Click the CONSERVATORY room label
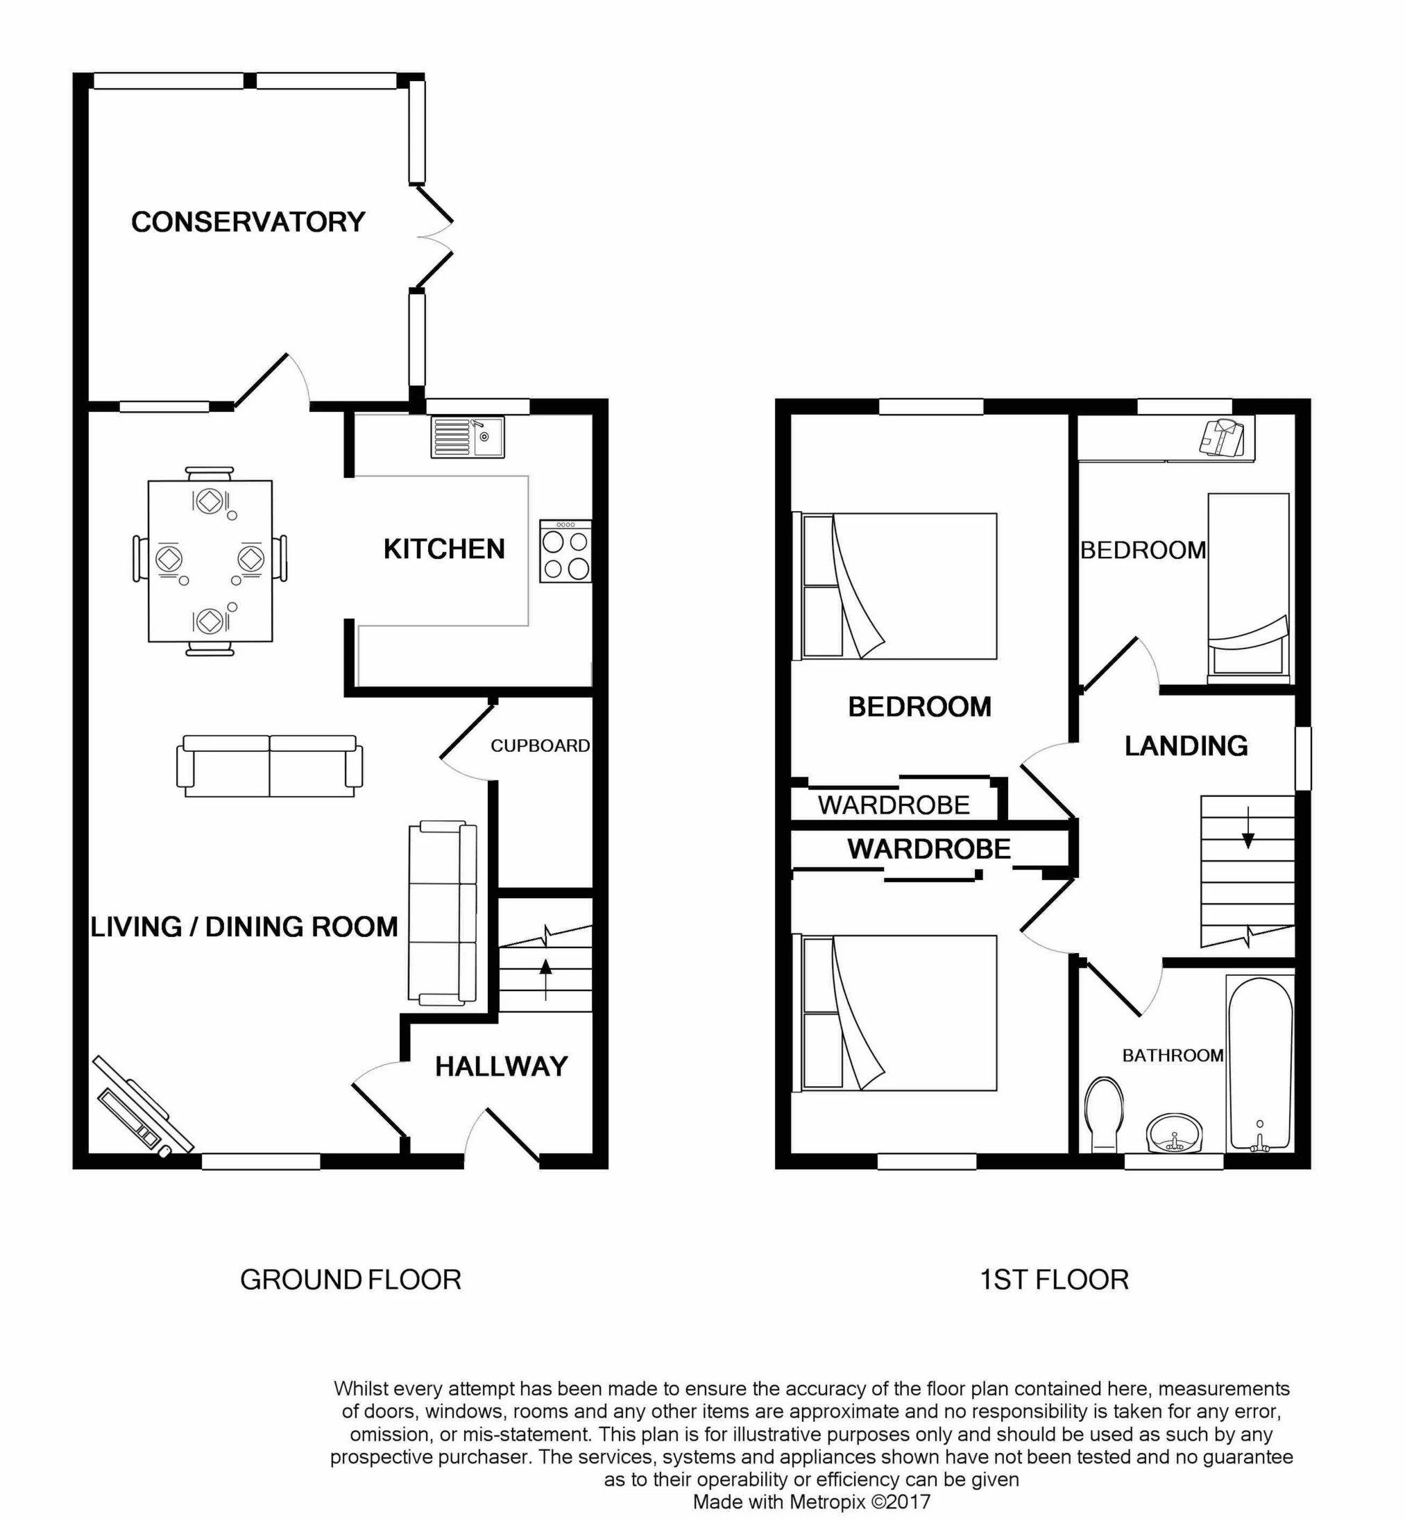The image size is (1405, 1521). click(x=248, y=222)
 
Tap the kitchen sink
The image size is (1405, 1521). click(x=467, y=437)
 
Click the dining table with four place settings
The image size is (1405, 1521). click(x=210, y=561)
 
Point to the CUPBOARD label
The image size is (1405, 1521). click(x=540, y=746)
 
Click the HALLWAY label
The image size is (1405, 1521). click(x=501, y=1067)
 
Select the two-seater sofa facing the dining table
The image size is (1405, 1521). click(x=269, y=766)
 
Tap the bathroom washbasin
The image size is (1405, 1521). click(x=1174, y=1133)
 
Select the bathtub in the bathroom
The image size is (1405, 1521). click(x=1260, y=1064)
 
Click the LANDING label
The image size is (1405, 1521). click(x=1186, y=746)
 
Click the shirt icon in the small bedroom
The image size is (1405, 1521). click(x=1222, y=438)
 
